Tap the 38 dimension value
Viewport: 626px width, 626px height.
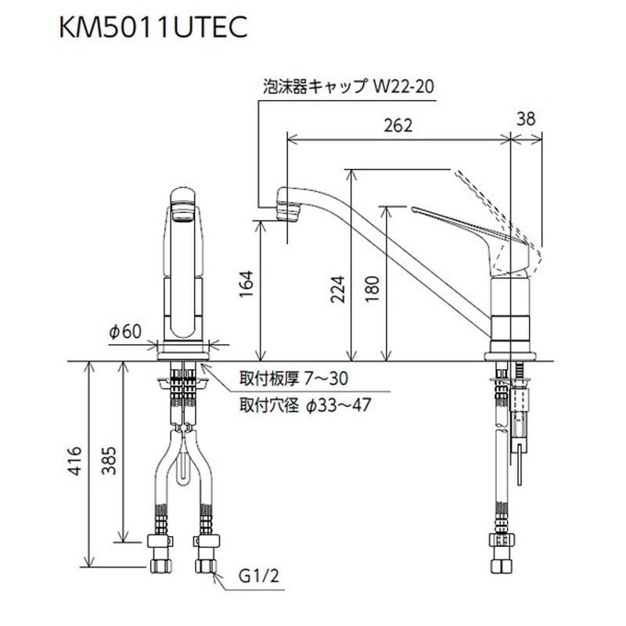tap(527, 118)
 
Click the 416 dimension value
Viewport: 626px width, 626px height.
tap(74, 462)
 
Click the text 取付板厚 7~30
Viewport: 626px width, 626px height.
tap(293, 380)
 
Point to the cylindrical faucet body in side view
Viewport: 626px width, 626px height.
tap(511, 313)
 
